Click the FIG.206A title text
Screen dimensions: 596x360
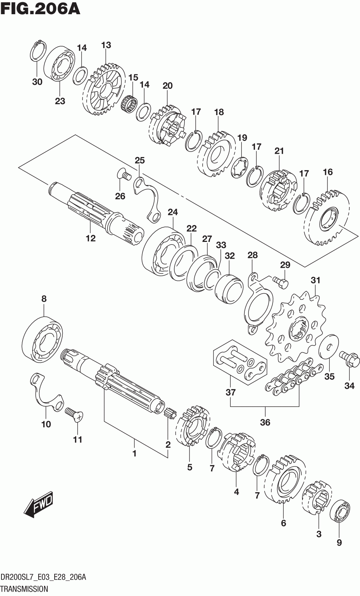tap(40, 8)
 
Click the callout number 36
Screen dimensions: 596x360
tap(265, 422)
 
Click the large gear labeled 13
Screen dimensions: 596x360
tap(104, 90)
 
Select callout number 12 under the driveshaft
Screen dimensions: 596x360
tap(91, 238)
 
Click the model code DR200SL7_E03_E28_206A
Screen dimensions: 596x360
tap(43, 577)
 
